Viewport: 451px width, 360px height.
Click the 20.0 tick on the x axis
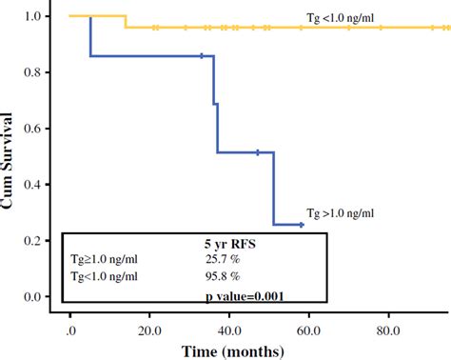pyautogui.click(x=149, y=330)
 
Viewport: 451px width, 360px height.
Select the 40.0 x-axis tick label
pyautogui.click(x=228, y=330)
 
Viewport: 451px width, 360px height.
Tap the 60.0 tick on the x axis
pyautogui.click(x=307, y=330)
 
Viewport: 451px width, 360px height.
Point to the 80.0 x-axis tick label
pyautogui.click(x=386, y=330)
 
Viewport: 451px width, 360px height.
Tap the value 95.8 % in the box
pyautogui.click(x=225, y=277)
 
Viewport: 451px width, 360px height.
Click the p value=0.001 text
pyautogui.click(x=245, y=296)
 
